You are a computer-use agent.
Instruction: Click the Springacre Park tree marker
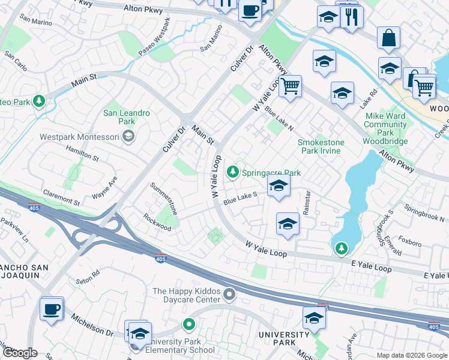click(233, 173)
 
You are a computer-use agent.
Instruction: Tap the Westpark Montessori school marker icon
click(127, 137)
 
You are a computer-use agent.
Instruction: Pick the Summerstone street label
click(164, 199)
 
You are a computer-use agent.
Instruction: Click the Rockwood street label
click(157, 220)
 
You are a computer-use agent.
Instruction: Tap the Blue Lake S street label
click(240, 198)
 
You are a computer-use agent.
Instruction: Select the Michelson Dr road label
click(92, 324)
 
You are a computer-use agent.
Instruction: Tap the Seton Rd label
click(87, 281)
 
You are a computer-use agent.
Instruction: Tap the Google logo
click(20, 353)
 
